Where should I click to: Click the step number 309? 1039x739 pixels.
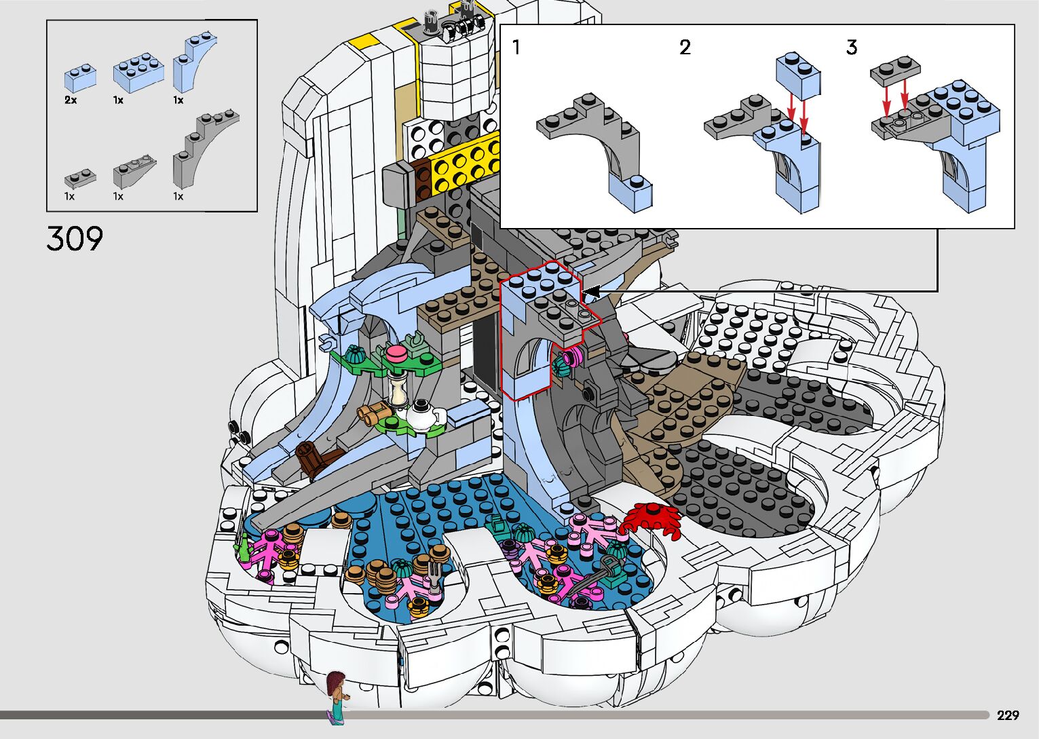[75, 238]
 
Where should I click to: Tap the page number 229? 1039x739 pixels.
[1008, 715]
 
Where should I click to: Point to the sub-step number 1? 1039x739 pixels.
[516, 48]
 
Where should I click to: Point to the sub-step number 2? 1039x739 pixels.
[685, 48]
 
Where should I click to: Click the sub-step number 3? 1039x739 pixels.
[851, 48]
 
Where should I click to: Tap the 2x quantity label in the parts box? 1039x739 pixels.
[71, 100]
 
